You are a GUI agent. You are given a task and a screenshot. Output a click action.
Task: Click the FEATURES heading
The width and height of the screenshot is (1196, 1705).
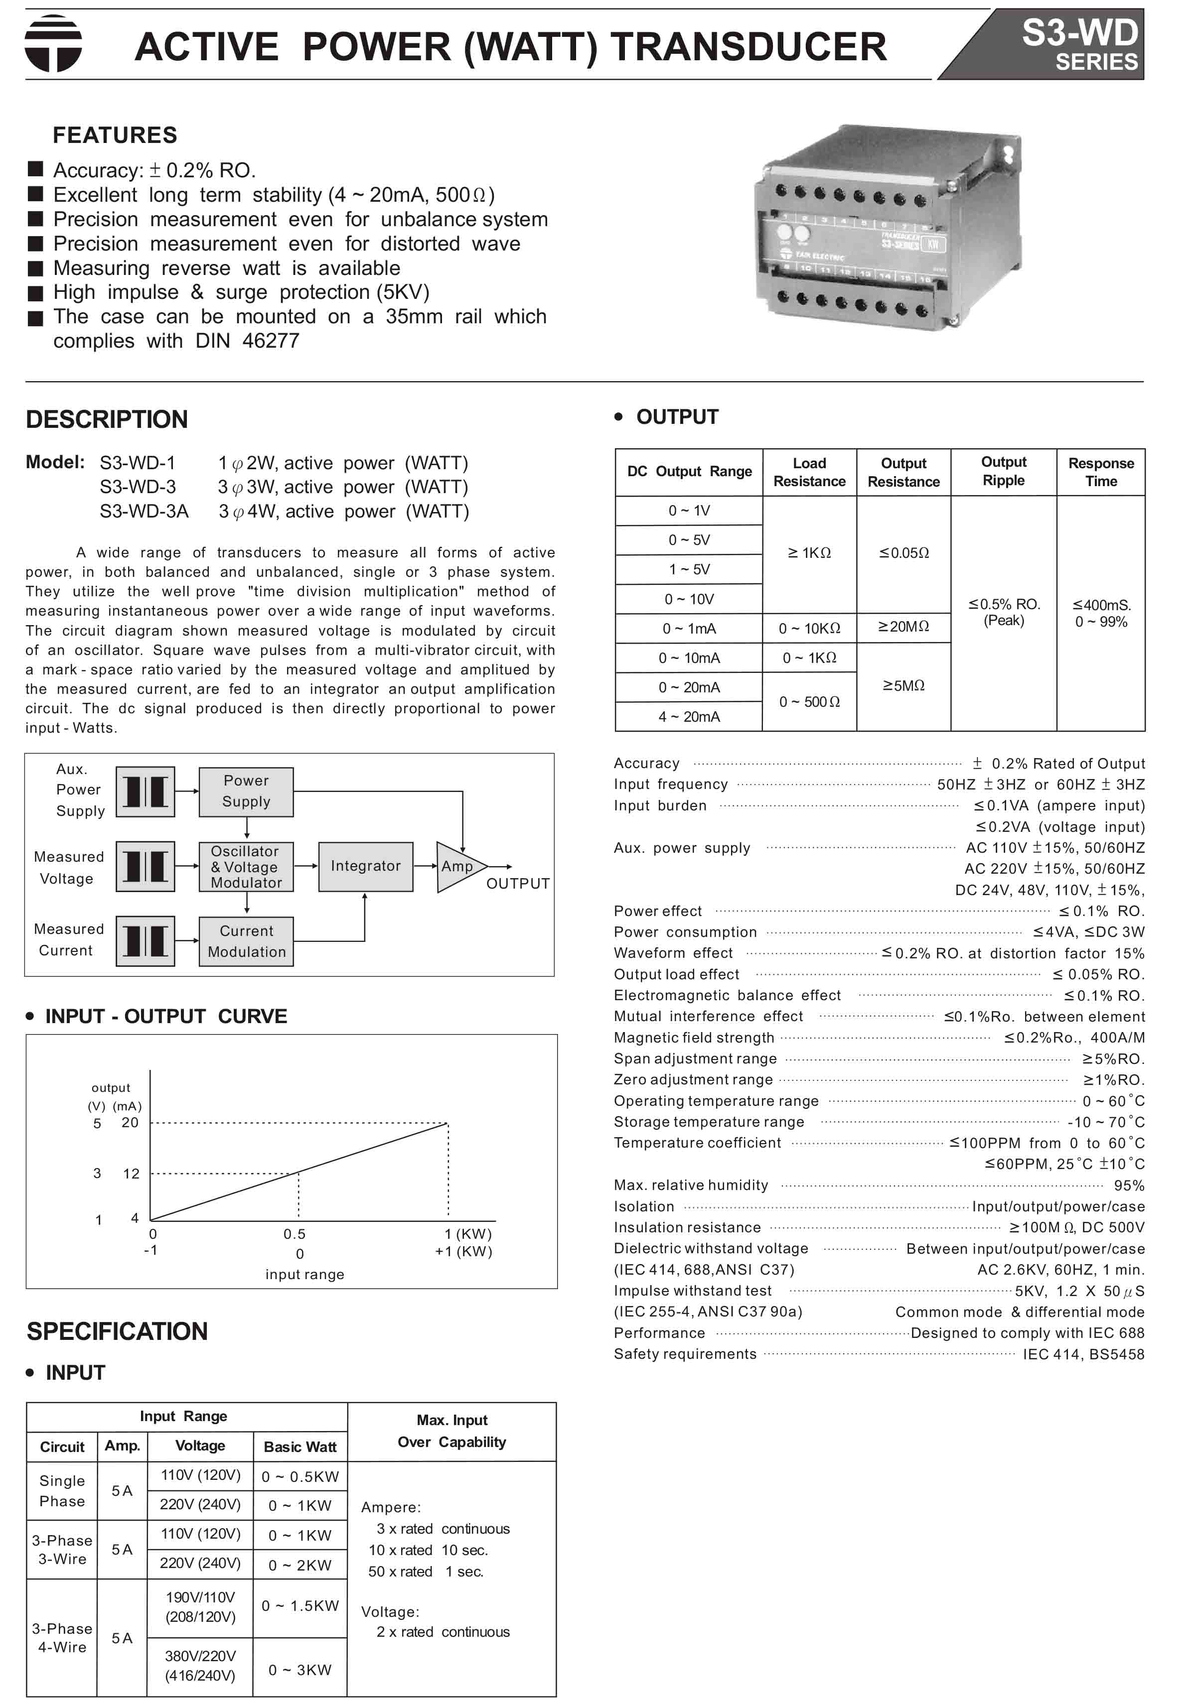[115, 135]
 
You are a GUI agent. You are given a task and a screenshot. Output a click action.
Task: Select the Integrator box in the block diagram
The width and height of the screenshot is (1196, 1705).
[365, 866]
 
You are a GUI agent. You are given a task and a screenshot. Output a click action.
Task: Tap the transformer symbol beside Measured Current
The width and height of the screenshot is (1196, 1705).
[146, 941]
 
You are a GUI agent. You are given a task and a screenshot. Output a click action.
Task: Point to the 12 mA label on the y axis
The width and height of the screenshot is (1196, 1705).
[131, 1174]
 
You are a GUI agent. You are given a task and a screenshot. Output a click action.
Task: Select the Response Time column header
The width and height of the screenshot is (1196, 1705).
[1100, 472]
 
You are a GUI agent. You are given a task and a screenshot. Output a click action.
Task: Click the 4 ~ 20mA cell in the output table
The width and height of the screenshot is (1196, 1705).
[689, 717]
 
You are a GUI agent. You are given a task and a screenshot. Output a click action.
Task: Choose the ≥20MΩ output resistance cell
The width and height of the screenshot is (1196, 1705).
[903, 627]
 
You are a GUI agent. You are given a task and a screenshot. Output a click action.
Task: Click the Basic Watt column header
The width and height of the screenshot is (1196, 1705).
[300, 1446]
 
